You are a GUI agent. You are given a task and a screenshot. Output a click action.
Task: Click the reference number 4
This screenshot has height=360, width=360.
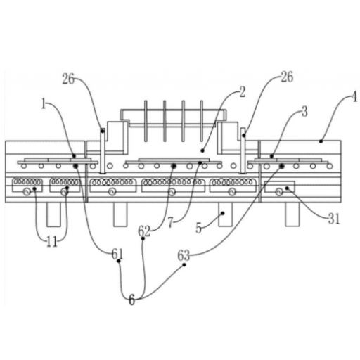point(354,97)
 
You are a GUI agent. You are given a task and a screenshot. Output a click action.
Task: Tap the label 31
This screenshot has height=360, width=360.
point(334,219)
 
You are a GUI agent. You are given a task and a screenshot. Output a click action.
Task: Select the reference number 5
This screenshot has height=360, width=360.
point(198,229)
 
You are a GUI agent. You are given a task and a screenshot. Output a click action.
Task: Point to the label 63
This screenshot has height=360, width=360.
point(184,255)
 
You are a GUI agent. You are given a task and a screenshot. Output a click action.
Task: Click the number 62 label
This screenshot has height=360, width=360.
point(143,231)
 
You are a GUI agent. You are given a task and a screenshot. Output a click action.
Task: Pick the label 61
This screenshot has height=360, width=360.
point(117,255)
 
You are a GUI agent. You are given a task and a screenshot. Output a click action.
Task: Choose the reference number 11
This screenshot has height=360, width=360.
point(52,242)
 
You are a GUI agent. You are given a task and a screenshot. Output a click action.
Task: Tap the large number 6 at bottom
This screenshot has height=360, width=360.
point(132,300)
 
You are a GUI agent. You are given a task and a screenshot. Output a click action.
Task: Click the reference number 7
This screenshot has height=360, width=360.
point(170,223)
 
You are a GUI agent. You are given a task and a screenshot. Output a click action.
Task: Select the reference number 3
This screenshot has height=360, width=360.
point(304,112)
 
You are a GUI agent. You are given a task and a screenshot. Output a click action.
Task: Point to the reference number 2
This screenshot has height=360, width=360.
point(243,92)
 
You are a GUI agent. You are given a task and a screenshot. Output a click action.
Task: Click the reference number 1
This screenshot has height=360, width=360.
point(43,104)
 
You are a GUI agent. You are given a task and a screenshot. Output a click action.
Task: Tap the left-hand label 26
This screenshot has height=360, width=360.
point(68,79)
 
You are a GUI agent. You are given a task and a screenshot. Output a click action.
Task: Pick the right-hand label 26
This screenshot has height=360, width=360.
point(287,77)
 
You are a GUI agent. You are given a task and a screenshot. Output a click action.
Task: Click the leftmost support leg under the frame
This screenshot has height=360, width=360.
point(53,214)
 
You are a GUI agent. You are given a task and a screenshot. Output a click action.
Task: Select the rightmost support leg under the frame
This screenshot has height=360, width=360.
point(292,214)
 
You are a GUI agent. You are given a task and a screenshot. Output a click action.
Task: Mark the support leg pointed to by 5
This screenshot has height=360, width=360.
point(226,214)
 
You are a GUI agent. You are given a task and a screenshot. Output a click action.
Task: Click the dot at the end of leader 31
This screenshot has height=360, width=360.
point(287,188)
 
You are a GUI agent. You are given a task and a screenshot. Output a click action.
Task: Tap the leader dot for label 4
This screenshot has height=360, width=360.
point(321,141)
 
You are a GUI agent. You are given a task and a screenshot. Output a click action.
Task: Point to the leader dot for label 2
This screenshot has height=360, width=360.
point(202,151)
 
